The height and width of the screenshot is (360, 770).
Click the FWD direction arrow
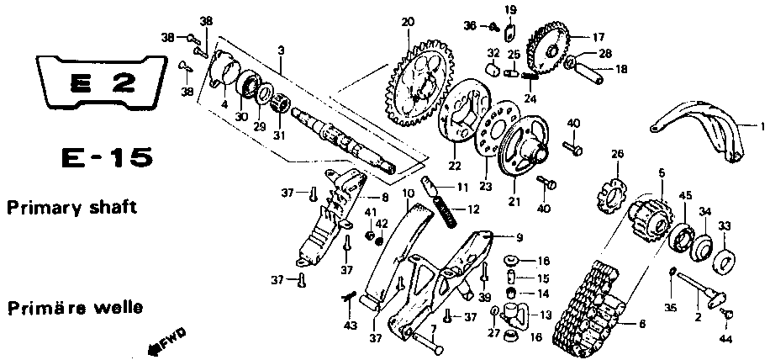click(x=167, y=341)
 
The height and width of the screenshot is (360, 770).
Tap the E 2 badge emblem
click(x=102, y=82)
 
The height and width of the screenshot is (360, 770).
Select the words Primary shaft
click(x=71, y=207)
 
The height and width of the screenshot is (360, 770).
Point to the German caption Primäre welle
click(x=75, y=308)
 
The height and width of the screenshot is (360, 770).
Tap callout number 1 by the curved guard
click(x=762, y=127)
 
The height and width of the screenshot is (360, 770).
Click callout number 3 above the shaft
click(x=281, y=50)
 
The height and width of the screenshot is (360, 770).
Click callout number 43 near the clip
click(x=350, y=326)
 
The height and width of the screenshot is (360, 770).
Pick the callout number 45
click(x=685, y=195)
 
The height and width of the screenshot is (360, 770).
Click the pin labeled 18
click(x=593, y=72)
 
